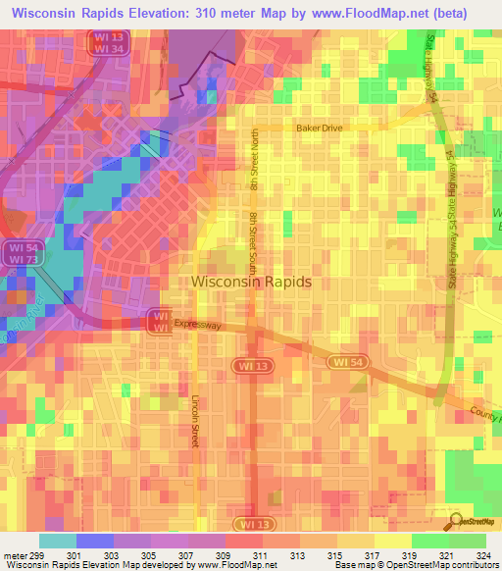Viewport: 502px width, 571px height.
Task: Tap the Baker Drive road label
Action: point(320,129)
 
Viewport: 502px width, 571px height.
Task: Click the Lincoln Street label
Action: point(196,423)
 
